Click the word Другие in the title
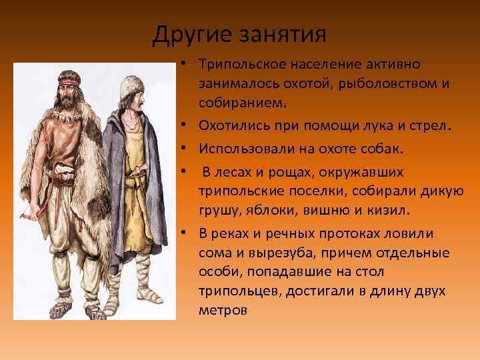click(x=189, y=33)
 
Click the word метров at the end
click(x=222, y=310)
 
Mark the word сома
click(x=214, y=253)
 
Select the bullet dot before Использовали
click(x=182, y=148)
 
